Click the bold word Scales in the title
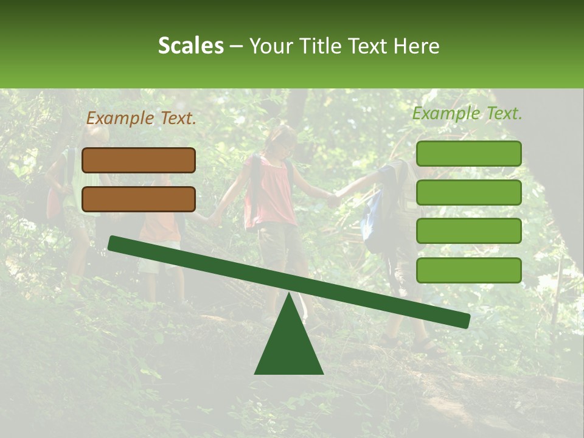click(x=190, y=46)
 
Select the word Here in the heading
click(x=417, y=46)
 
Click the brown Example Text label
click(x=141, y=119)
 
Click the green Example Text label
click(x=467, y=113)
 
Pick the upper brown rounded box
click(x=139, y=160)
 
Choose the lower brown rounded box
click(x=139, y=199)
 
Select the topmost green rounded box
click(x=468, y=153)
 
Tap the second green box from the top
click(x=468, y=192)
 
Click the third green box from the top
click(x=468, y=231)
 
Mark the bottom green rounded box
click(x=468, y=270)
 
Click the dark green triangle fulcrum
click(x=289, y=347)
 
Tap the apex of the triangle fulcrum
click(x=289, y=296)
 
